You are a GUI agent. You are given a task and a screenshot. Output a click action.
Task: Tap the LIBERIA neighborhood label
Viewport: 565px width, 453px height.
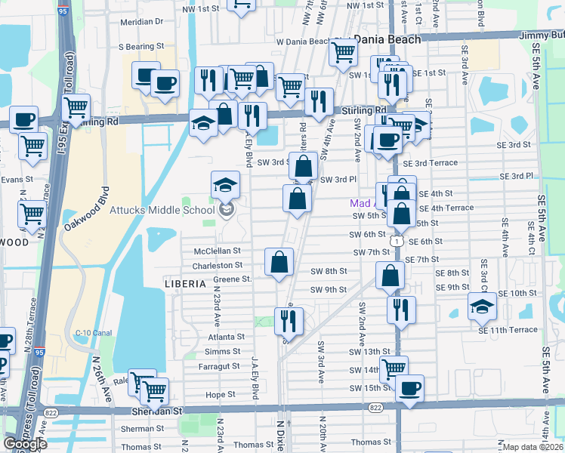click(x=185, y=284)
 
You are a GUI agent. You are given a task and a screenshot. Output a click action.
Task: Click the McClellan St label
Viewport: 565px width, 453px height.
click(x=216, y=251)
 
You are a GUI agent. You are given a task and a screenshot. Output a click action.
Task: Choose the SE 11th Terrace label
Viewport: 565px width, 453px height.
click(x=508, y=330)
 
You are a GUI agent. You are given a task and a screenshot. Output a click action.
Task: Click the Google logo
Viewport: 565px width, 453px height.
click(x=25, y=444)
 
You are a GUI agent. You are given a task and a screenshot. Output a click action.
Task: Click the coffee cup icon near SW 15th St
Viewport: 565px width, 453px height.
click(x=410, y=388)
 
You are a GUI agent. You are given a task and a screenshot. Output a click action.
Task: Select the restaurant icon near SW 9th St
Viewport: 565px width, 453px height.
click(x=400, y=309)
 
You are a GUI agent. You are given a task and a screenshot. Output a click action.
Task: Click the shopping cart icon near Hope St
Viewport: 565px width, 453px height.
click(x=154, y=390)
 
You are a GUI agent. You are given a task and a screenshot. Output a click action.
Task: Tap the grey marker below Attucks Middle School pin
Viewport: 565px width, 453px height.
click(x=225, y=210)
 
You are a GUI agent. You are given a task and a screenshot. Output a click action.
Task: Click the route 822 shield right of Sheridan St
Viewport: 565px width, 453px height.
click(x=375, y=407)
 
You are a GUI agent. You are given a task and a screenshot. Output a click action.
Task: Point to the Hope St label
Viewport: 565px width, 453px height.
click(x=221, y=395)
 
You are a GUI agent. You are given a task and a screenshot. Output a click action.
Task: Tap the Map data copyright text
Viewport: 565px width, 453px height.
click(x=533, y=447)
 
